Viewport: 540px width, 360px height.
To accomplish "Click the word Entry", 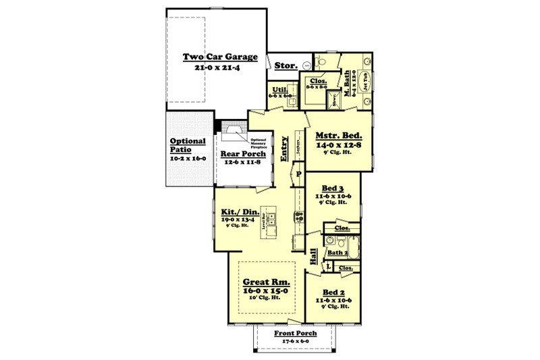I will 285,148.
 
